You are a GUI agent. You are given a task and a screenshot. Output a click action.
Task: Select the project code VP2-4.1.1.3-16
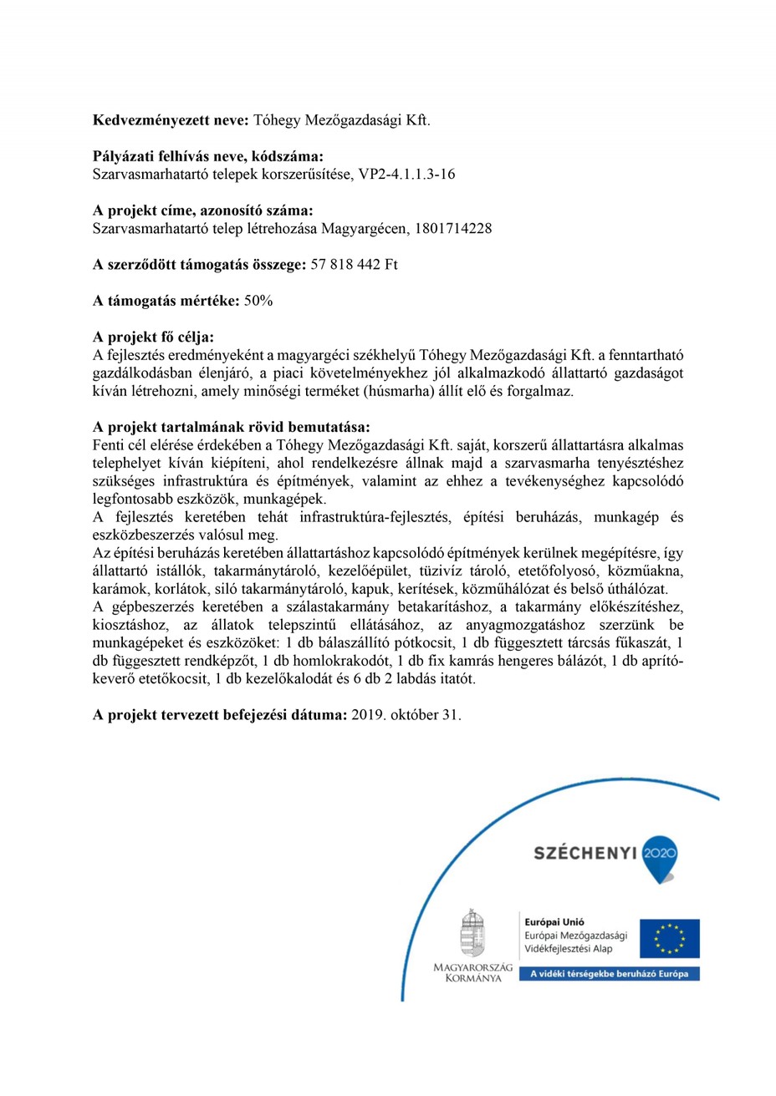coord(407,174)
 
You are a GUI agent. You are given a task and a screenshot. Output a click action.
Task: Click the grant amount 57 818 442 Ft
coord(355,264)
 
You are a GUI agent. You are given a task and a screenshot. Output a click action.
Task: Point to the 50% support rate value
coord(258,301)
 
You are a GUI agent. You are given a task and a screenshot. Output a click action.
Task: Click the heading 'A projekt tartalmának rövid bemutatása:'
coord(231,427)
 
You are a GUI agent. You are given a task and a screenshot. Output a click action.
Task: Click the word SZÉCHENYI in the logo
coord(585,853)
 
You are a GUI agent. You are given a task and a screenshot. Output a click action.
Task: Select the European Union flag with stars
coord(669,938)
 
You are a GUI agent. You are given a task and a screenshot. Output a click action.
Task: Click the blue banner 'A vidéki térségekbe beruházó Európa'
coord(609,974)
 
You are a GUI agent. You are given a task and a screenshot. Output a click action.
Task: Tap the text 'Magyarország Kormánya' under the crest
coord(472,972)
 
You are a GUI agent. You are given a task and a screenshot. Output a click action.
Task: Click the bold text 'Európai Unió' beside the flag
coord(549,921)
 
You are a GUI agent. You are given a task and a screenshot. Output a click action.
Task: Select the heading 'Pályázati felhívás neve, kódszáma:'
coord(208,157)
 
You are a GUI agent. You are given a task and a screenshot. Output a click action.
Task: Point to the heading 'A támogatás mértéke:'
coord(166,301)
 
